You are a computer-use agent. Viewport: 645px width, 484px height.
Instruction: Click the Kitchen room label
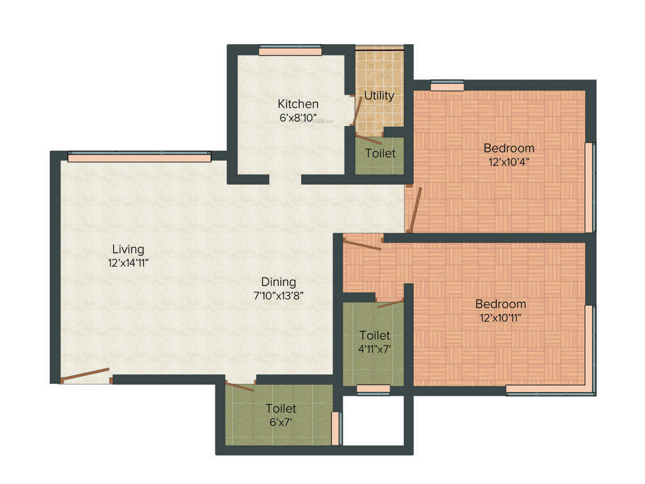pos(298,104)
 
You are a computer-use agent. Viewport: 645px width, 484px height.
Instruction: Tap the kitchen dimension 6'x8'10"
pos(299,117)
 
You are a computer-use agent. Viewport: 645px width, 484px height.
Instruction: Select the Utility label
pos(379,95)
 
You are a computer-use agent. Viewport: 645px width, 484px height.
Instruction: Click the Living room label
pos(128,249)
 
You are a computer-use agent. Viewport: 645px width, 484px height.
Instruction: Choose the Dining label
pos(279,282)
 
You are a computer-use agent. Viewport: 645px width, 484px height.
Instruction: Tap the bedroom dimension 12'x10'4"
pos(508,161)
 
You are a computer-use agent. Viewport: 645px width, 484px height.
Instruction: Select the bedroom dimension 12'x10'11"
pos(501,317)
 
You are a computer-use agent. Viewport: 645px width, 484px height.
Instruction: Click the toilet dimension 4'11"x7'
pos(374,348)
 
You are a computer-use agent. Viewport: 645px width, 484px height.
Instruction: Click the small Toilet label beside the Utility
pos(380,153)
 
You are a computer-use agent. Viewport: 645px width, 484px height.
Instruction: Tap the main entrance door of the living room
pos(86,375)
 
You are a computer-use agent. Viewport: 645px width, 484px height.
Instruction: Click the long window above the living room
pos(139,158)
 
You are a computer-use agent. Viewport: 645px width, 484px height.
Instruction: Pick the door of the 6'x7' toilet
pos(240,386)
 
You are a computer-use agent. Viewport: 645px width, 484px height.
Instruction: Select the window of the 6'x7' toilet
pos(336,429)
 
